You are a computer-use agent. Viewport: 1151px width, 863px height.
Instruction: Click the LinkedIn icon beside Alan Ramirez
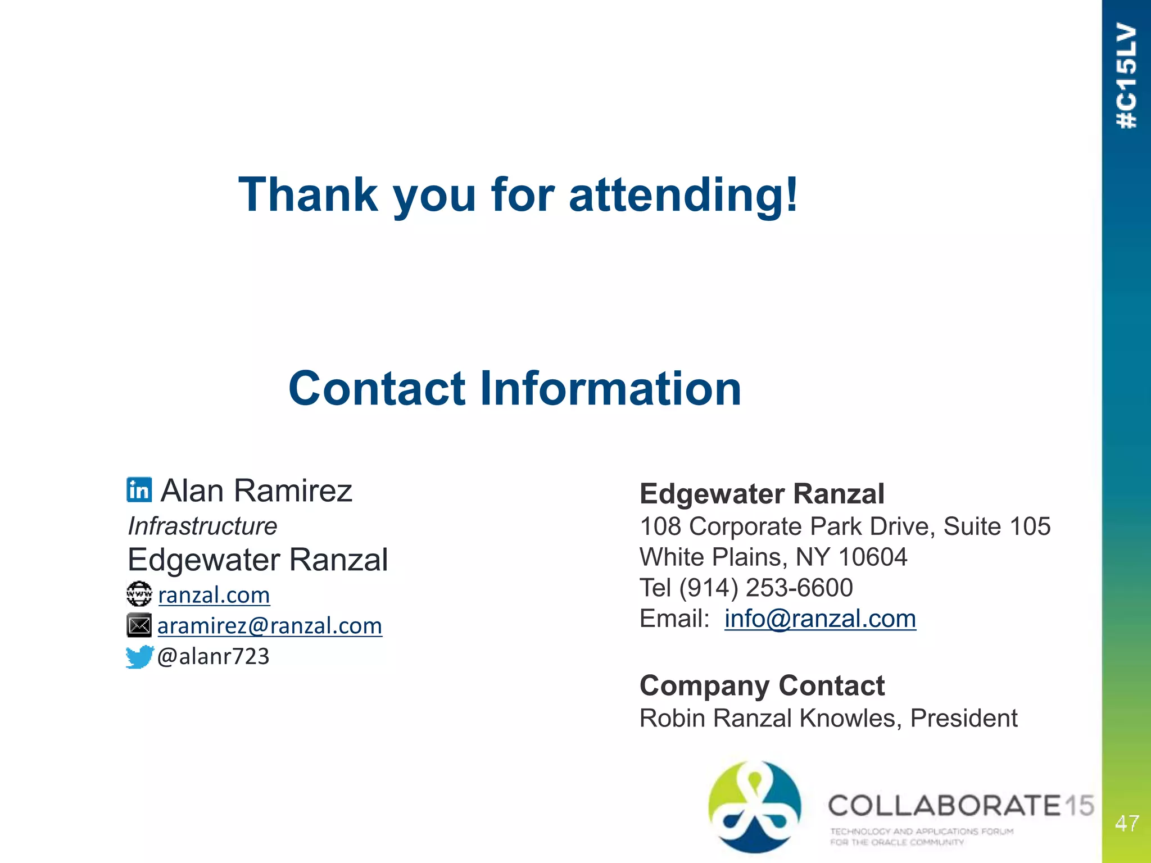(x=139, y=490)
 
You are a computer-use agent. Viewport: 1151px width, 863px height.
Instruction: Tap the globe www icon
(x=139, y=594)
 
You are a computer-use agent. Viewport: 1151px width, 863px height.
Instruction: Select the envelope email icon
(x=139, y=625)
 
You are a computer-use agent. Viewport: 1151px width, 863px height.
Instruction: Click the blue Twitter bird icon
(x=139, y=656)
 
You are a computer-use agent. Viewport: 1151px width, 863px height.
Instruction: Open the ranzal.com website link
(x=214, y=595)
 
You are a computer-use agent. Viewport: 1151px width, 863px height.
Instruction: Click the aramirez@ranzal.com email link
(x=270, y=626)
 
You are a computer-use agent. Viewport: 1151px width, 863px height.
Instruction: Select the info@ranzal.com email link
(x=820, y=619)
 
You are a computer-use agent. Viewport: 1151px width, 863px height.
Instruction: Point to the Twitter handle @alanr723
(x=214, y=656)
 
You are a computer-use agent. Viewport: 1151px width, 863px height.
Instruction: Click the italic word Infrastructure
(x=202, y=526)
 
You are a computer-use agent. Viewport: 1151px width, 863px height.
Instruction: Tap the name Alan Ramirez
(x=256, y=490)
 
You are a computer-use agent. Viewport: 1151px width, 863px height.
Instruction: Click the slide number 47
(x=1127, y=824)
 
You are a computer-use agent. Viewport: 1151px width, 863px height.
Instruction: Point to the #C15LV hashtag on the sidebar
(x=1127, y=76)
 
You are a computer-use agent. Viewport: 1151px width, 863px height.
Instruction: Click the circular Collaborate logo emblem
(x=754, y=806)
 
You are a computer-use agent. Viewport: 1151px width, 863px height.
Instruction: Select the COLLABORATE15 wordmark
(x=960, y=806)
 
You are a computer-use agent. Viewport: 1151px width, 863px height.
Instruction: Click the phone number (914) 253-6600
(x=765, y=588)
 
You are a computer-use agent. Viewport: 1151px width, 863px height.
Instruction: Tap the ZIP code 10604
(x=872, y=557)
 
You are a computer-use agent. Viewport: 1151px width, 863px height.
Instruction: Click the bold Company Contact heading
(x=762, y=685)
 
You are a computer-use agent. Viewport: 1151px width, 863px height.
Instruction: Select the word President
(x=964, y=718)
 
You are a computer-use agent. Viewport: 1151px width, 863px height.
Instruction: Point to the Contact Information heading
(x=515, y=388)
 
